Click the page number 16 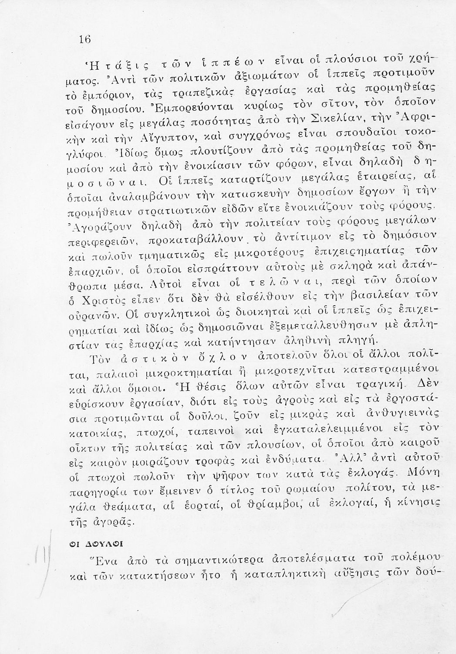coord(84,40)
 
